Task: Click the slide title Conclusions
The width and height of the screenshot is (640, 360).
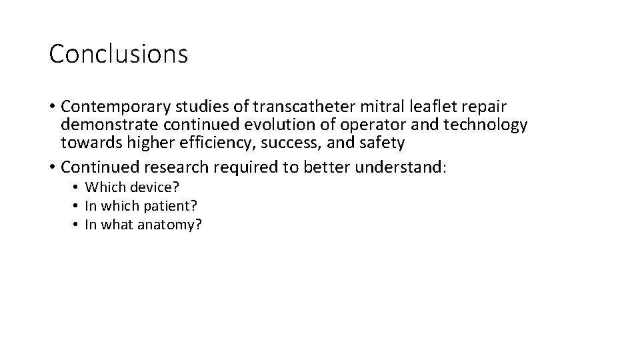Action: [119, 54]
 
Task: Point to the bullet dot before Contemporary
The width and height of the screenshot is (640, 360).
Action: [51, 107]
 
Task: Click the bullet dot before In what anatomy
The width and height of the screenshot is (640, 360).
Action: [77, 225]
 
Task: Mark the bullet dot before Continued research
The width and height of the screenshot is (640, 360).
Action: [51, 167]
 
